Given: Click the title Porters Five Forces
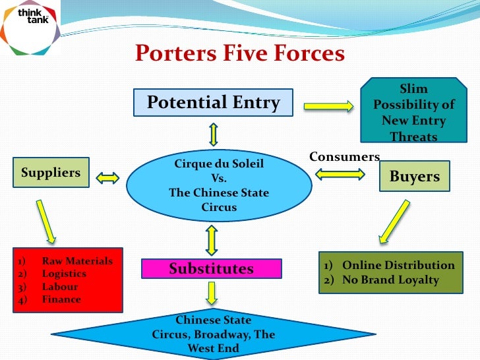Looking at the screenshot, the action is point(240,53).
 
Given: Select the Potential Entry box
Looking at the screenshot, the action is point(213,103).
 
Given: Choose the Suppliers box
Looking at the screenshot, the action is point(51,173).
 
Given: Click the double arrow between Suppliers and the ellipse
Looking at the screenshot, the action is point(107,178).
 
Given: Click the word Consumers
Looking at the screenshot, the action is point(344,157).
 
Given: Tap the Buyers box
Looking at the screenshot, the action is point(415,176).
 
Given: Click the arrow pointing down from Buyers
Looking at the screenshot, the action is point(394,221).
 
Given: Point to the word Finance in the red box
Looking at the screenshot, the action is point(61,299).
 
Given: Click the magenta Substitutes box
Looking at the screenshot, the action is point(211,269).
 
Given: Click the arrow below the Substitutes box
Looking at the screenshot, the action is point(212,294).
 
